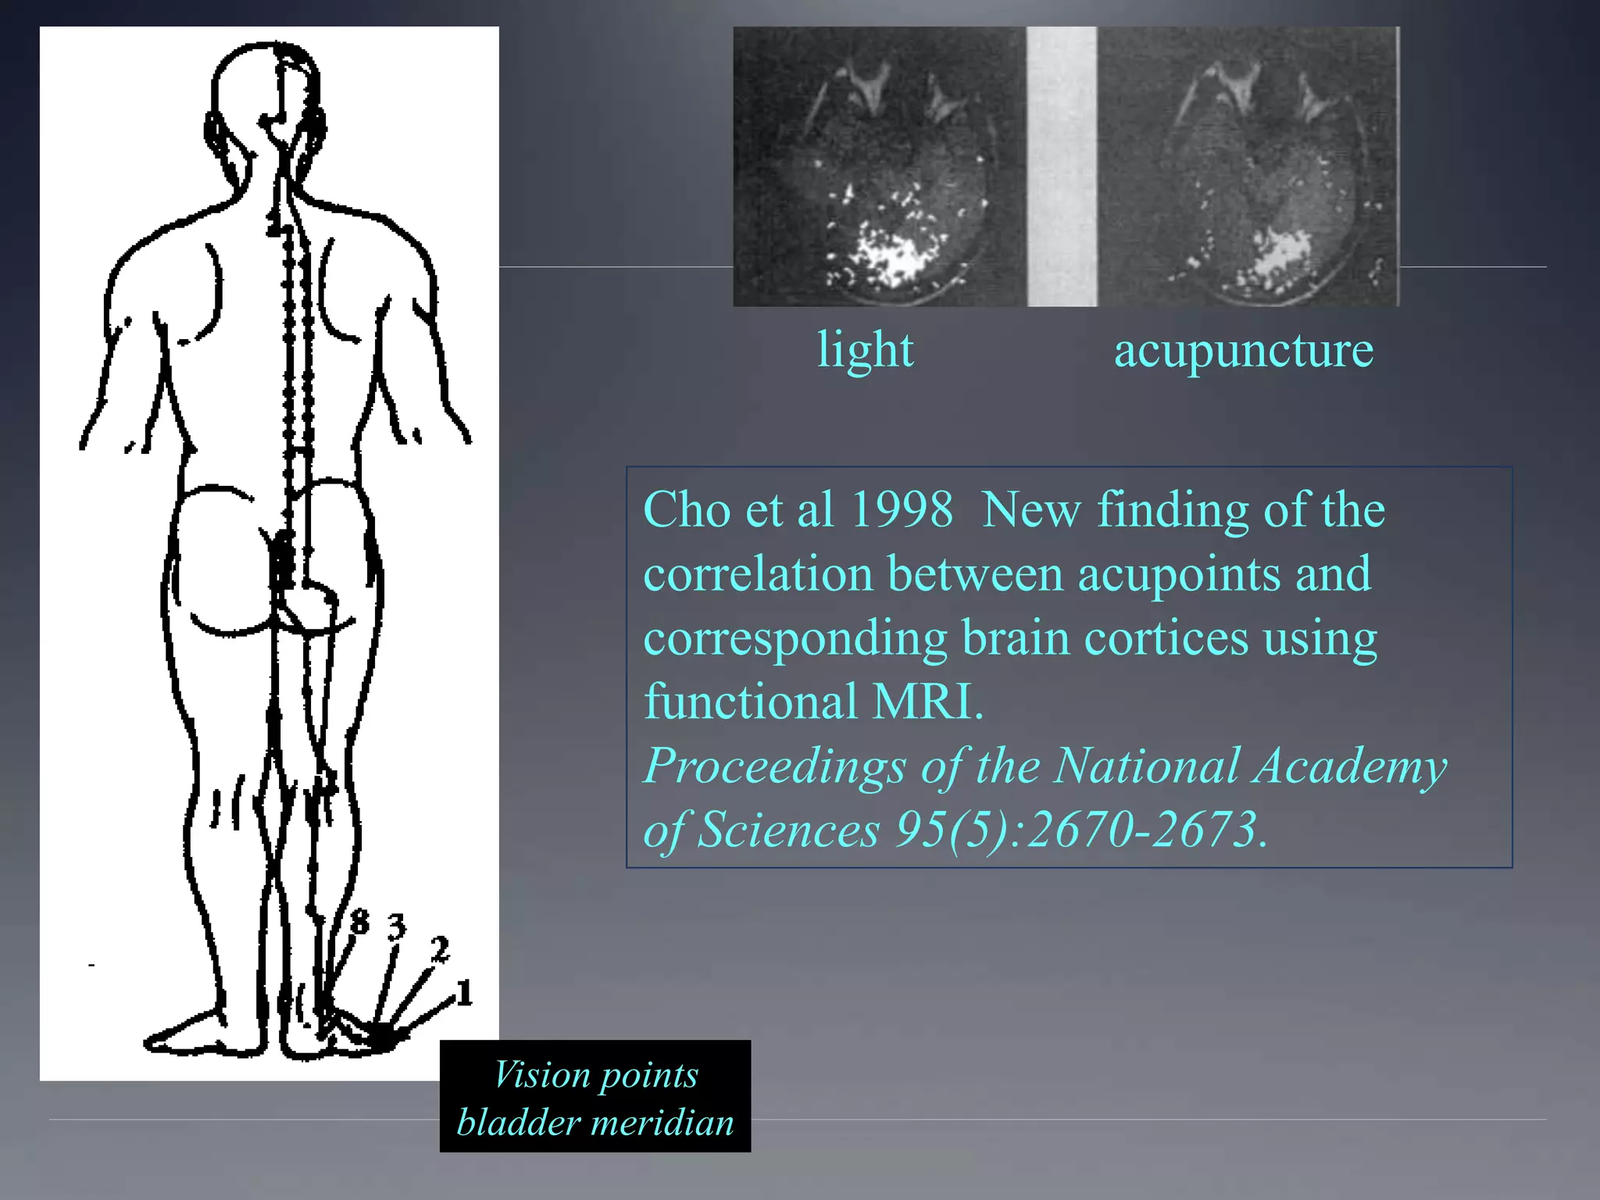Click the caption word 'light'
[865, 349]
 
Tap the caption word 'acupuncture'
[1243, 351]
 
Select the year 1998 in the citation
[902, 510]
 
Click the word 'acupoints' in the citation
[1179, 574]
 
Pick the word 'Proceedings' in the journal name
[774, 766]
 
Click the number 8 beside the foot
[359, 922]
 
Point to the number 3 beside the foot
[397, 927]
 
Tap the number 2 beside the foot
[440, 951]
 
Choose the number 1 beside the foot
[464, 994]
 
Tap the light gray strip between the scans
[1061, 166]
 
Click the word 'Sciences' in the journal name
[788, 830]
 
